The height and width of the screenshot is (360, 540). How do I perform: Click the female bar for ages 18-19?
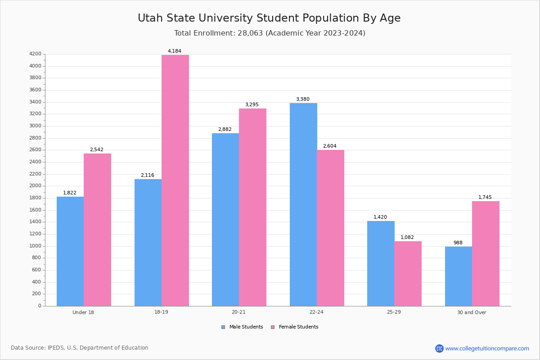click(175, 180)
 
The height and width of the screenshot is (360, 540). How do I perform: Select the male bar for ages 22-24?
click(303, 205)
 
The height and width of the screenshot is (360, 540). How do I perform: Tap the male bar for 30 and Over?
click(458, 276)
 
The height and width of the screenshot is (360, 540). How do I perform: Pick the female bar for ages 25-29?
click(408, 274)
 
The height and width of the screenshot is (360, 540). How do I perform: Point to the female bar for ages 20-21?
click(252, 207)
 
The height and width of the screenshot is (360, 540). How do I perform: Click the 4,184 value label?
click(175, 51)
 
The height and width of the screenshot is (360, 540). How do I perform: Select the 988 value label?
click(458, 243)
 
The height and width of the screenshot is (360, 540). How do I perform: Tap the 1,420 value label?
click(380, 217)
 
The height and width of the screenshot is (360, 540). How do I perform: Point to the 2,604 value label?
click(330, 146)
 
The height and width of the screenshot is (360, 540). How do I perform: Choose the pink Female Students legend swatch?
click(273, 327)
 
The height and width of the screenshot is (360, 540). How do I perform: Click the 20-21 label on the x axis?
click(239, 312)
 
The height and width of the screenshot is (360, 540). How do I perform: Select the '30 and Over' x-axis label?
click(472, 312)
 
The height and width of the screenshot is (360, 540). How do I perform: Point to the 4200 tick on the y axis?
click(35, 54)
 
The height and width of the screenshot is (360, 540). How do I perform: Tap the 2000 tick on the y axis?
click(35, 186)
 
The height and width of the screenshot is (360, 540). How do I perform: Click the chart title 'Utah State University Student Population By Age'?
click(269, 18)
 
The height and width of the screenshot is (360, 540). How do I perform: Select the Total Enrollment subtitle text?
click(270, 33)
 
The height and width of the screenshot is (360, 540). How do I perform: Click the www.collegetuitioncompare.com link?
click(487, 348)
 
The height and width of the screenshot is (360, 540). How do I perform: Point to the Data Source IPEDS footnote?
click(80, 348)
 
